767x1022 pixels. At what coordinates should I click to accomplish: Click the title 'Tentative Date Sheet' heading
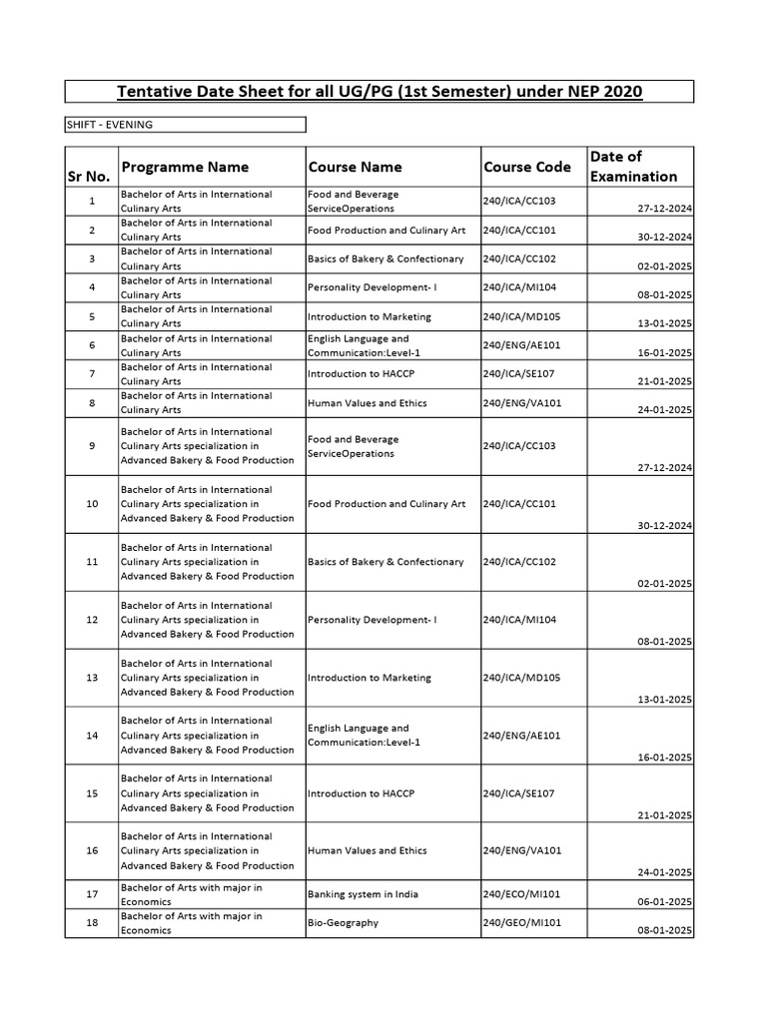tap(381, 92)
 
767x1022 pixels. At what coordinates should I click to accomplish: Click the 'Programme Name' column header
tap(185, 167)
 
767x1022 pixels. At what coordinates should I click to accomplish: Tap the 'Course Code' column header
tap(527, 167)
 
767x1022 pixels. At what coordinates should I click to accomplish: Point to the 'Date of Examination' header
tap(633, 166)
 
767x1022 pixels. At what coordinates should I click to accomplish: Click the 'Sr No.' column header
tap(91, 176)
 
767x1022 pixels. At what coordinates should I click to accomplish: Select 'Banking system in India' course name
tap(364, 894)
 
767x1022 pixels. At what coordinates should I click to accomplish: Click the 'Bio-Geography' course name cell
tap(344, 923)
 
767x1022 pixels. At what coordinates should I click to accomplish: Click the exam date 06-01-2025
tap(664, 902)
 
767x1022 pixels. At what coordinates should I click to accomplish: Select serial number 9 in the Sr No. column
tap(92, 446)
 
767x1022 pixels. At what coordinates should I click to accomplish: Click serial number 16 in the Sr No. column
tap(92, 851)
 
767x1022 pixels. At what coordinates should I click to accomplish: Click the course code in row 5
tap(522, 316)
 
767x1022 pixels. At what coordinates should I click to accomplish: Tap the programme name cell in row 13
tap(208, 678)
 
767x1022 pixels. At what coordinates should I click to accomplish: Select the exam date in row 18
tap(664, 931)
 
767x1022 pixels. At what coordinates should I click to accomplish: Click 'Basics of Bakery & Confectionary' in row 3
tap(386, 258)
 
